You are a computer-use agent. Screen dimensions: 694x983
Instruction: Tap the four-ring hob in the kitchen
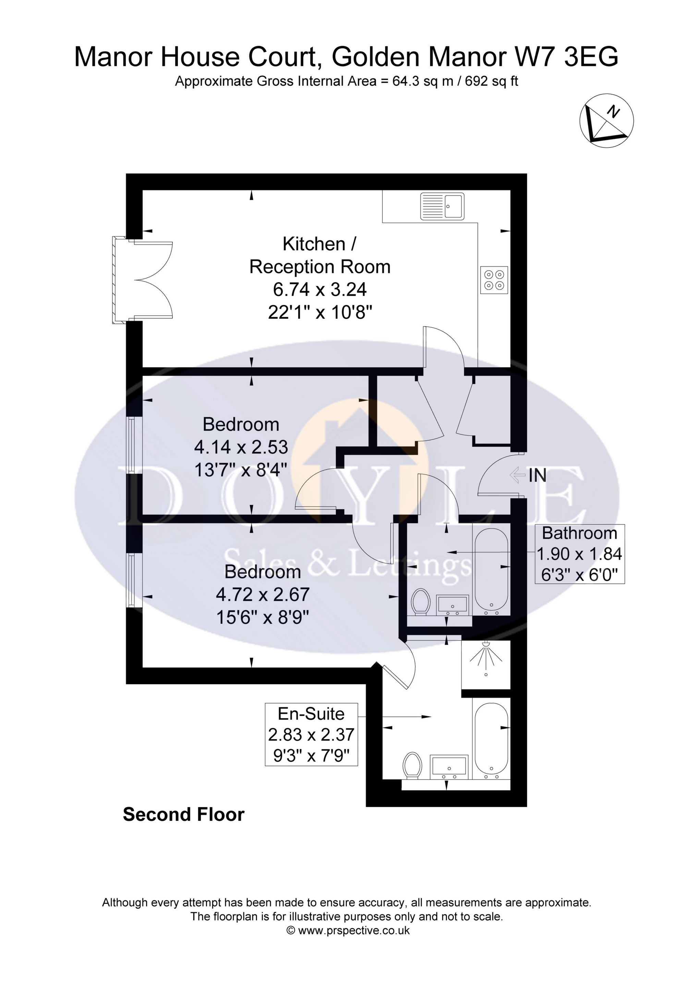point(494,280)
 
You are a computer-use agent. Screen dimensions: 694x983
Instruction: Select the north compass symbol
point(606,120)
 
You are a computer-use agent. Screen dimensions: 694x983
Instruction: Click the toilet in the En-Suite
point(413,766)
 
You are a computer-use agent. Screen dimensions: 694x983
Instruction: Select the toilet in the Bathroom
point(420,602)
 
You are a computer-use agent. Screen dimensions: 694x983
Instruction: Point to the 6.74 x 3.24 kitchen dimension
point(320,289)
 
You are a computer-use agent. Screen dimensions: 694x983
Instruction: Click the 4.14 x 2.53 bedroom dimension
point(241,447)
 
